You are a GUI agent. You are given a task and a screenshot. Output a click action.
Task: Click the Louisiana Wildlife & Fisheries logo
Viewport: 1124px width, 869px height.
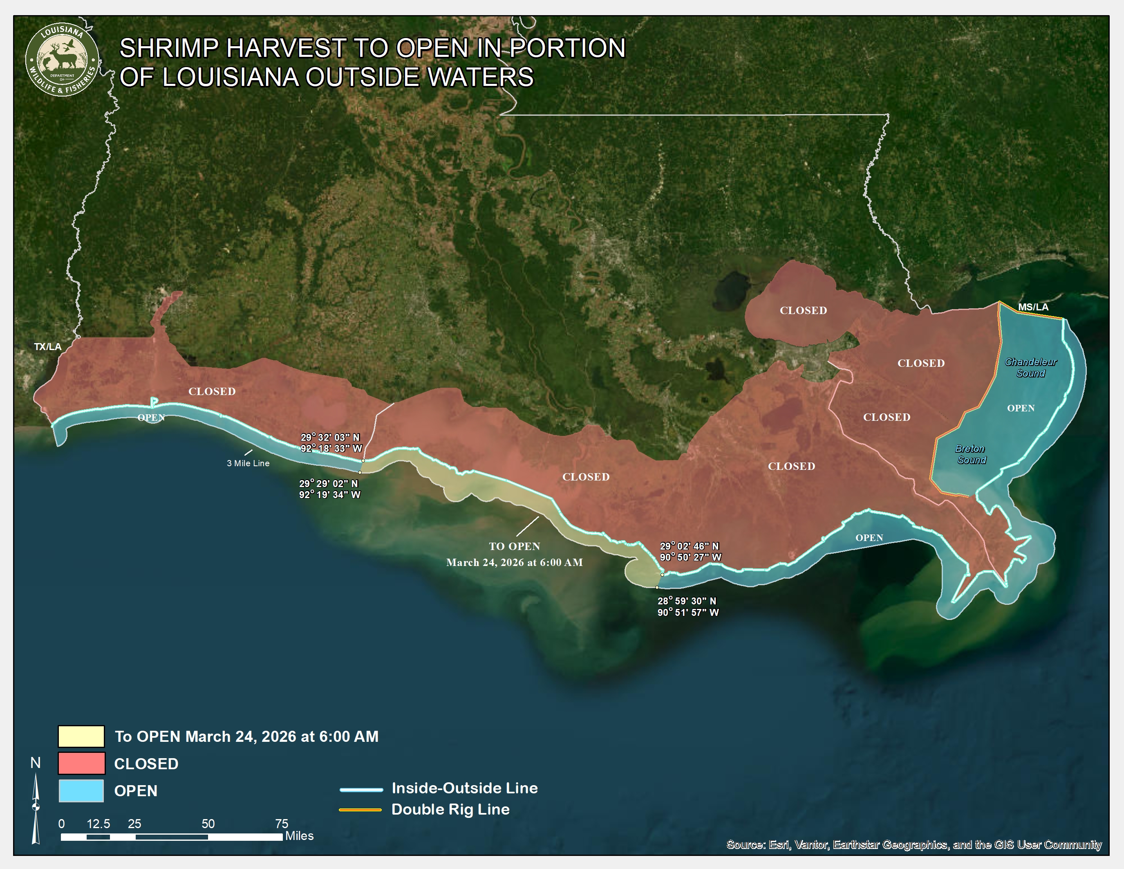coord(62,60)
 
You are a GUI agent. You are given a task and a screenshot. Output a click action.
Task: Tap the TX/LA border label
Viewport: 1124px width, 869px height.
coord(47,346)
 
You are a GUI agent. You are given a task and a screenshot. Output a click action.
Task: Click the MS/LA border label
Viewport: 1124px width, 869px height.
coord(1032,307)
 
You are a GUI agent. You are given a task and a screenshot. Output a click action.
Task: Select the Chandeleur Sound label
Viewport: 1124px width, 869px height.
coord(1030,368)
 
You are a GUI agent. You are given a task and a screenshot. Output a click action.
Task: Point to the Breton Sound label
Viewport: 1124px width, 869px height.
coord(971,454)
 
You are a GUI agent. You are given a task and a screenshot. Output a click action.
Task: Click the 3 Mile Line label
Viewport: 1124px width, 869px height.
coord(248,463)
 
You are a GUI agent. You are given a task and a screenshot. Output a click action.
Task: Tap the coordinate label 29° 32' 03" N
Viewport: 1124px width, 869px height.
coord(330,438)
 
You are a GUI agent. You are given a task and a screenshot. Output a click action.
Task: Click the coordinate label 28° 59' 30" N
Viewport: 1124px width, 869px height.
coord(687,601)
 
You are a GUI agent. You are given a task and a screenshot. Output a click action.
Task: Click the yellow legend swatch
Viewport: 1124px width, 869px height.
coord(81,736)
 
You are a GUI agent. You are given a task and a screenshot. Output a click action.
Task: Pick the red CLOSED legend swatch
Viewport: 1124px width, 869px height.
coord(81,763)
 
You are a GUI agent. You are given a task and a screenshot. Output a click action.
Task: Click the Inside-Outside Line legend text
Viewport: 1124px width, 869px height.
coord(464,788)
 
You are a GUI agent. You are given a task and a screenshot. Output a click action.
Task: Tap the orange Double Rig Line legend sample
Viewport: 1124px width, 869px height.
coord(360,810)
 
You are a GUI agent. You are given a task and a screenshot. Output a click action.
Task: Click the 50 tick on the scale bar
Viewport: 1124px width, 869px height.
coord(208,824)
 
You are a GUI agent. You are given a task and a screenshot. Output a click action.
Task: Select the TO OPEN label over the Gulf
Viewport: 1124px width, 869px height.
coord(514,546)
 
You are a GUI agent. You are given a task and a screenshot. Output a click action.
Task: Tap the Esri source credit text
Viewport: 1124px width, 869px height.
coord(914,845)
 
